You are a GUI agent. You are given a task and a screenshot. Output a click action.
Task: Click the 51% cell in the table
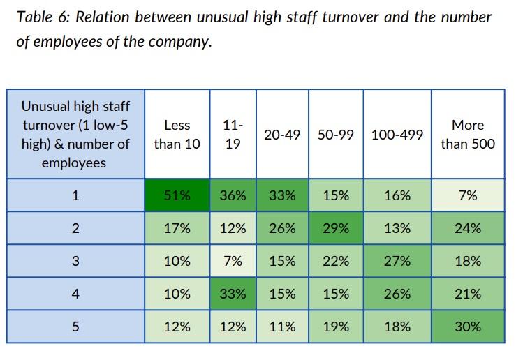coord(177,196)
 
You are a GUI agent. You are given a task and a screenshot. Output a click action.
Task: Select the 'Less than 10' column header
coord(177,135)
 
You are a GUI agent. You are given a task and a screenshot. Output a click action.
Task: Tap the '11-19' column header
coord(233,135)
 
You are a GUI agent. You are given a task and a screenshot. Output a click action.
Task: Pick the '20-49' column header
coord(282,135)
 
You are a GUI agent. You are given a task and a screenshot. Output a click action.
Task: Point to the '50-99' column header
coord(336,135)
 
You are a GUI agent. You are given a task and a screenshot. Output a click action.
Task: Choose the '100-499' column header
coord(397,135)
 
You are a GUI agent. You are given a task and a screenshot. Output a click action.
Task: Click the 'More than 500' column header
coord(467,135)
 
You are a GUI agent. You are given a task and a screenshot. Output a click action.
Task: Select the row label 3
coord(75,262)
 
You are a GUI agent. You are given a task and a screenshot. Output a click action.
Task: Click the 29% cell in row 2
coord(336,229)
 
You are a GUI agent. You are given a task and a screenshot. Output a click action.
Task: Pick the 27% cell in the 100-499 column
coord(397,262)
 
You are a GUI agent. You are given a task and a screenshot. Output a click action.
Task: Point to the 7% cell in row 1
coord(467,196)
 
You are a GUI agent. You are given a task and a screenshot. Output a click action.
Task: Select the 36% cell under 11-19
coord(233,196)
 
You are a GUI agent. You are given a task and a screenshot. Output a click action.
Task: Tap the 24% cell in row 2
coord(467,229)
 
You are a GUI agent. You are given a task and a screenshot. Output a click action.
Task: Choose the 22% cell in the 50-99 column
coord(336,262)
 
